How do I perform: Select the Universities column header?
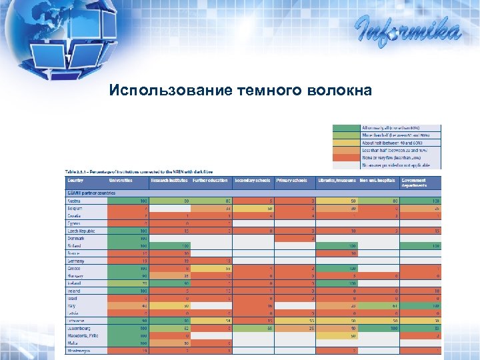coord(119,180)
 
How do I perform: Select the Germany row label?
coord(76,261)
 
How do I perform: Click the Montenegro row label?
coord(79,351)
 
